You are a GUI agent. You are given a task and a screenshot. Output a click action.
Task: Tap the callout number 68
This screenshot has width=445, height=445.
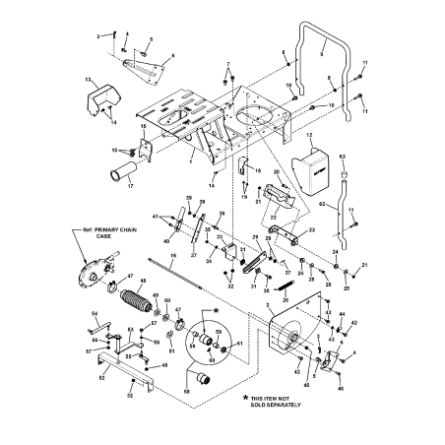click(x=187, y=390)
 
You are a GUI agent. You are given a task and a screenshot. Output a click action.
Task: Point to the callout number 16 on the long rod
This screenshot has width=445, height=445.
click(x=172, y=255)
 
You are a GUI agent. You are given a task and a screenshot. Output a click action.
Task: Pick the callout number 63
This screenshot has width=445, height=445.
click(x=342, y=156)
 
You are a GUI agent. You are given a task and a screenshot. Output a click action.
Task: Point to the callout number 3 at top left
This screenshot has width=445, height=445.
click(x=97, y=34)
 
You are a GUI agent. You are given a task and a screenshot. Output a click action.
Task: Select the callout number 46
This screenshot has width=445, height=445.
click(x=341, y=390)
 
